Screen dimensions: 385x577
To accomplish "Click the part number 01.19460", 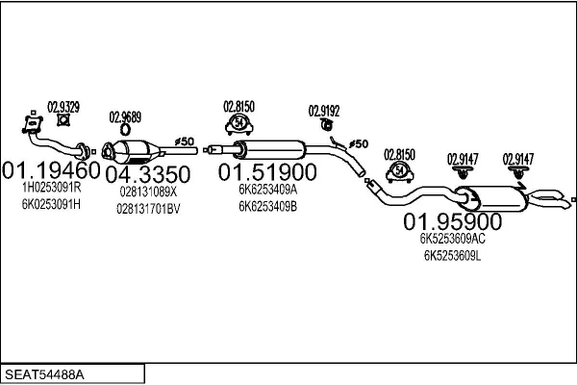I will (x=50, y=171).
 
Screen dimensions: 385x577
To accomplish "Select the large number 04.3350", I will (x=147, y=174).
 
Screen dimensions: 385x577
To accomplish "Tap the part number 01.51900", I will (x=266, y=172).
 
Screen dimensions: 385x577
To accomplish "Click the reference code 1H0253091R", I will (x=50, y=190).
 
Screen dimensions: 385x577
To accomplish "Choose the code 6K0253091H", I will (x=50, y=204).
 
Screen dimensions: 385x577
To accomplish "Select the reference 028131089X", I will (x=148, y=192).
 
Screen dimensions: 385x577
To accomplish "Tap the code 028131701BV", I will (x=149, y=207).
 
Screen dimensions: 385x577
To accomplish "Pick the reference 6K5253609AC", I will (x=452, y=240).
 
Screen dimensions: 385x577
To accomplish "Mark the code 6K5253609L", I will (x=452, y=255).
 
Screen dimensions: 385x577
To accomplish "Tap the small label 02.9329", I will (x=63, y=105).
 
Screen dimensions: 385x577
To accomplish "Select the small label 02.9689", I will (x=125, y=117).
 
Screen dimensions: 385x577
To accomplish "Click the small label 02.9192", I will (x=324, y=111).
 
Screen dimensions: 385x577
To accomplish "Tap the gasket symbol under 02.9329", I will (x=64, y=120).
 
